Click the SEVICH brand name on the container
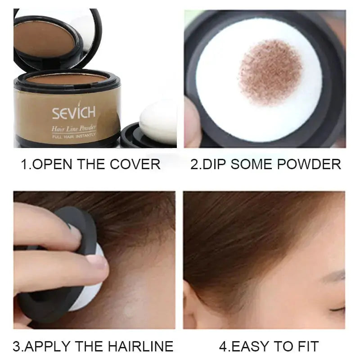(x=73, y=112)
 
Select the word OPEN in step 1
(x=54, y=163)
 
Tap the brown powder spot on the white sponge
(x=270, y=72)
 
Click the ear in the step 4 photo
(x=194, y=310)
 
